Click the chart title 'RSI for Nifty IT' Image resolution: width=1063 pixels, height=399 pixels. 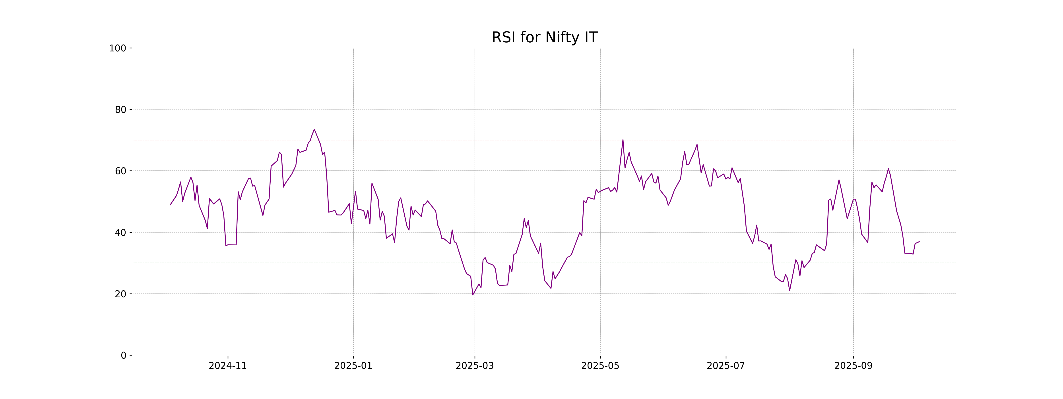544,38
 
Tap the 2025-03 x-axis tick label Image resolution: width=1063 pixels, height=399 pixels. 475,366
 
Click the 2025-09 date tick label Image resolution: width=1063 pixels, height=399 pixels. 853,366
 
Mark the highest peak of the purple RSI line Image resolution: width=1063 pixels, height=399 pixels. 314,129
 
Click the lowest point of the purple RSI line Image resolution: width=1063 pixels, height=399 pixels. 473,295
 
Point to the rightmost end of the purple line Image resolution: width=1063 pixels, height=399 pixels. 919,242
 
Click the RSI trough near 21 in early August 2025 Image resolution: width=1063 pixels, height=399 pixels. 789,290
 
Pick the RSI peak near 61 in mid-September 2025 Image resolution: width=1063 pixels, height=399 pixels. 888,168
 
